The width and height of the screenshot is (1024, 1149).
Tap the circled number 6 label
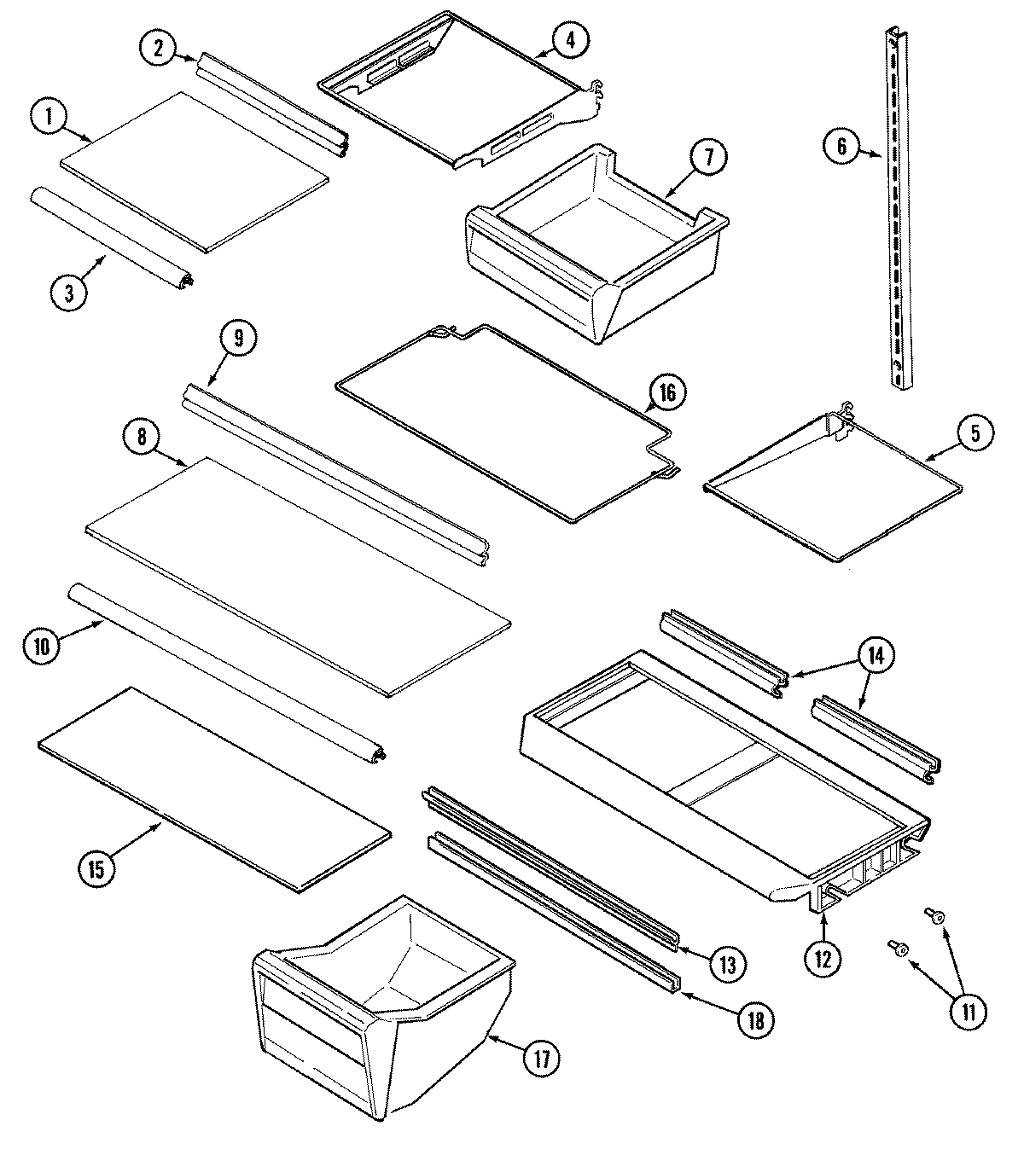tap(841, 147)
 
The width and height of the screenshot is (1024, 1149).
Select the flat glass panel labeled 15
tap(213, 789)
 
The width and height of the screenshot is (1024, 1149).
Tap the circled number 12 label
tap(822, 958)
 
